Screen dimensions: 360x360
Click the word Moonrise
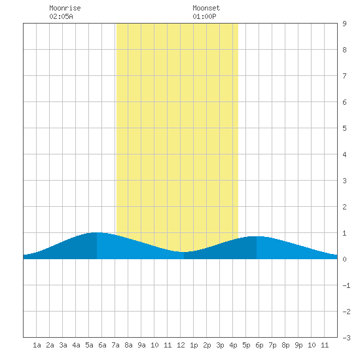65,8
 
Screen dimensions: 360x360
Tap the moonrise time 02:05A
61,16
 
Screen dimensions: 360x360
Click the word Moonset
206,8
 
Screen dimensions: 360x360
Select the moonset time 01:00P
204,16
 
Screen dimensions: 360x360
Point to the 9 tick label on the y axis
344,24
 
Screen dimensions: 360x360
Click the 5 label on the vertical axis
344,128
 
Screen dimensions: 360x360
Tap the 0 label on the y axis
344,259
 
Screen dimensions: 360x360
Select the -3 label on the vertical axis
346,338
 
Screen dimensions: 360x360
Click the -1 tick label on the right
346,285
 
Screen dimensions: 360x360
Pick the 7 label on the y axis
344,76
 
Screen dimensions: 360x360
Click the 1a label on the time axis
37,345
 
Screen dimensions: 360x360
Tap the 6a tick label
102,345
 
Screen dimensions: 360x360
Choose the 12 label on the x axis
181,345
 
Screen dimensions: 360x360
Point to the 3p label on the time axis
220,345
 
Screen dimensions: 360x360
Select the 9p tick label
298,345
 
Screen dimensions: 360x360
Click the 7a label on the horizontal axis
115,345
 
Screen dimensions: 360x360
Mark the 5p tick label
246,345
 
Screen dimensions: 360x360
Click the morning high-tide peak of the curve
97,232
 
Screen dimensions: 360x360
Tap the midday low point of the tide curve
184,252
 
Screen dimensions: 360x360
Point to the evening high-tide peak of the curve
256,236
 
